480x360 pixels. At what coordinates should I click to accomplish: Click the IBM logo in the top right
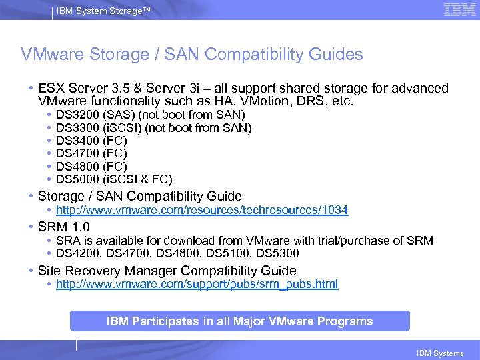tap(459, 9)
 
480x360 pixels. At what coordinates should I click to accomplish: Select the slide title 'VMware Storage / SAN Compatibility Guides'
tap(192, 54)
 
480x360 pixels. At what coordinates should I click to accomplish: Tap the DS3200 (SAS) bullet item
tap(151, 115)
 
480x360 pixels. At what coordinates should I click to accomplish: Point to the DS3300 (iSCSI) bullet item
tap(153, 128)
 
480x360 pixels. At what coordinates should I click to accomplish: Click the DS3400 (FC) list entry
tap(91, 141)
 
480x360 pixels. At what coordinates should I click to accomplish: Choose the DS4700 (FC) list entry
tap(91, 153)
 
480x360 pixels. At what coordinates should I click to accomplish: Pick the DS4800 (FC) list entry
tap(91, 166)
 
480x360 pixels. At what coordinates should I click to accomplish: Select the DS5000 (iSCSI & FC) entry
tap(114, 179)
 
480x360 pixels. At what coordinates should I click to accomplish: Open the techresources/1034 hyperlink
tap(201, 210)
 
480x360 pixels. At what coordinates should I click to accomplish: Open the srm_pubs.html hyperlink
tap(197, 284)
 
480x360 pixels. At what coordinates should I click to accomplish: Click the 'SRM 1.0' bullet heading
tap(64, 227)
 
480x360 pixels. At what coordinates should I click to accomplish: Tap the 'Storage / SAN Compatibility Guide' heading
tap(139, 196)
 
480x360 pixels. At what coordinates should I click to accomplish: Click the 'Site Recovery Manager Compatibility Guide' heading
tap(167, 271)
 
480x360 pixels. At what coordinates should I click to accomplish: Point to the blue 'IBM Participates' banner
tap(239, 321)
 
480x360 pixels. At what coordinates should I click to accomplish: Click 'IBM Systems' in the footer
tap(440, 353)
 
